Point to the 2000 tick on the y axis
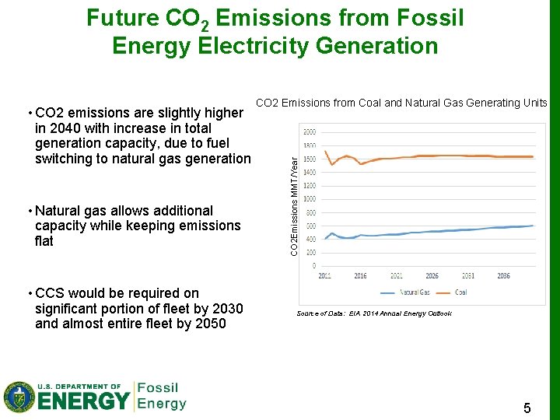point(310,131)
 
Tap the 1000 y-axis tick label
point(310,199)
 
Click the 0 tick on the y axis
point(313,266)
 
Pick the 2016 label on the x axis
point(360,276)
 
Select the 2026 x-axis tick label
point(432,276)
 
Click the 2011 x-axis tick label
point(324,276)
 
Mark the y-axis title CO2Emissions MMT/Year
point(294,205)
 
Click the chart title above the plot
point(401,103)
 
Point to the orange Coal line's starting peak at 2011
point(325,151)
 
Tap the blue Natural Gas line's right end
point(533,226)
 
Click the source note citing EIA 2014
point(373,313)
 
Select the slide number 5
point(527,408)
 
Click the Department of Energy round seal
point(19,397)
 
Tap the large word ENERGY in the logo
point(84,401)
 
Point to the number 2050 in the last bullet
point(209,324)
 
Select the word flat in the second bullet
point(44,241)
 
